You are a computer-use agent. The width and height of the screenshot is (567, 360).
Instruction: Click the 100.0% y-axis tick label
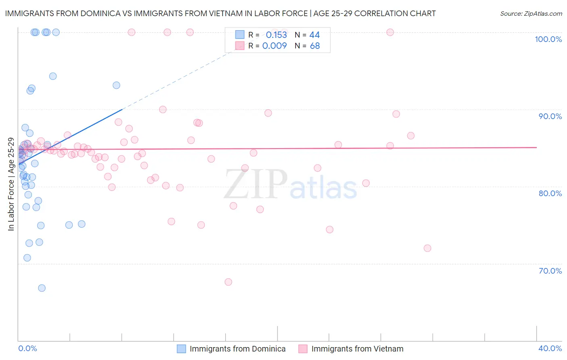[548, 39]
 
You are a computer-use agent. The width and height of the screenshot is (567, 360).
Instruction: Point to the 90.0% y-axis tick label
[550, 116]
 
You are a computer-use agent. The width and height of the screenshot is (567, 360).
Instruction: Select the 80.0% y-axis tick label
[550, 193]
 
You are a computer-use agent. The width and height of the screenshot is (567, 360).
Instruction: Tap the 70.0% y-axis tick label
[550, 271]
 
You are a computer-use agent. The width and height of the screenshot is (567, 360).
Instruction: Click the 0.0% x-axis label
[27, 348]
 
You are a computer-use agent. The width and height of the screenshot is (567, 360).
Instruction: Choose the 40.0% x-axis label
[550, 348]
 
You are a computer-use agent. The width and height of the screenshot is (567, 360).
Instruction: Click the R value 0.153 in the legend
[276, 35]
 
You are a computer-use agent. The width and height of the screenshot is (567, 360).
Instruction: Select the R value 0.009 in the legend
[274, 46]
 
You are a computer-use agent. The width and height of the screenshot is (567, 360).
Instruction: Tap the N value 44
[315, 35]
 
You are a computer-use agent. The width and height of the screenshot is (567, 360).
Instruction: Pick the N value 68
[315, 46]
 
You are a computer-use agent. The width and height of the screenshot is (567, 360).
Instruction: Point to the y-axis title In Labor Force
[11, 184]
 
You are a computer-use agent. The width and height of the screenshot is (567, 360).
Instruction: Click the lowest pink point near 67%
[228, 282]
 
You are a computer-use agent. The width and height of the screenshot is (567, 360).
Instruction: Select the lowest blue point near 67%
[42, 288]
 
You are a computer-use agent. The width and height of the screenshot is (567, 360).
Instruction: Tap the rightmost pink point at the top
[390, 32]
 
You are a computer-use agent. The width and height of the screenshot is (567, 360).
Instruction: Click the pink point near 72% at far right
[427, 248]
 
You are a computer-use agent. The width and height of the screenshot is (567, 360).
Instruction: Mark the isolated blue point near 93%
[117, 85]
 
